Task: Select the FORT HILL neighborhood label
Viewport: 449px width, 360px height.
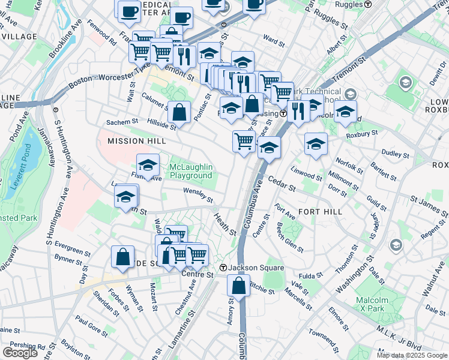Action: tap(321, 212)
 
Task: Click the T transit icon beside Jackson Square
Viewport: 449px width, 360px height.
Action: tap(223, 268)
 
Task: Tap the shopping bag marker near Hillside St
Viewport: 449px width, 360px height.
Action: tap(179, 111)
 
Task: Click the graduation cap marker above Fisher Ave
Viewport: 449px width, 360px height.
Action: tap(148, 164)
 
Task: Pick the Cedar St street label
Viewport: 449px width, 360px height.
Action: tap(282, 184)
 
